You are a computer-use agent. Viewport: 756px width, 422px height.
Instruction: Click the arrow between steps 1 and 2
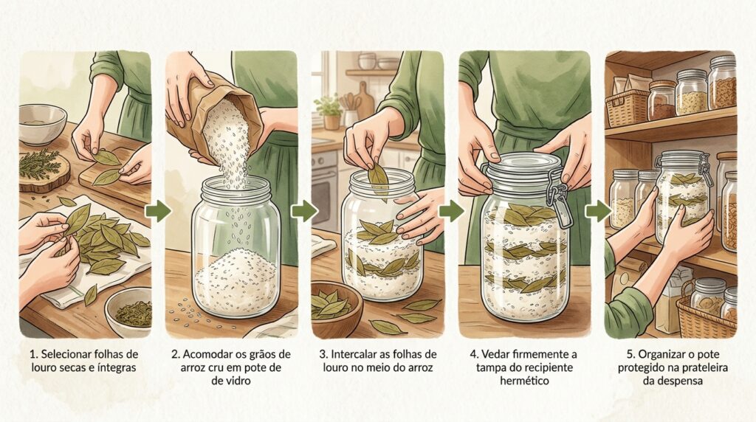coord(159,211)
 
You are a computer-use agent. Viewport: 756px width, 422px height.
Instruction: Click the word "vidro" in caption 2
coord(237,381)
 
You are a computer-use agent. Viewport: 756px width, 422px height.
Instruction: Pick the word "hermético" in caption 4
coord(524,381)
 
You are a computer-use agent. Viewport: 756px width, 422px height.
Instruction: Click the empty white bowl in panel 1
coord(42,123)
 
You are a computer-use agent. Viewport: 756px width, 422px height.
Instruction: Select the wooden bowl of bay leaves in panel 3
coord(336,308)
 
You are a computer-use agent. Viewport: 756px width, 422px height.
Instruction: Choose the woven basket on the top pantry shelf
coord(626,107)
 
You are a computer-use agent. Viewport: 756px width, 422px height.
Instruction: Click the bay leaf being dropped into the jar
coord(379,181)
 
